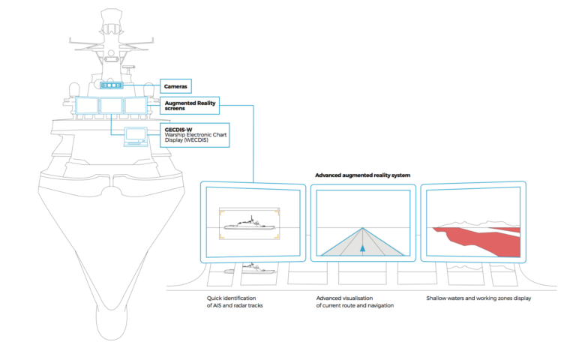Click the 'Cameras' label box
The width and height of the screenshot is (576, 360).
(x=176, y=87)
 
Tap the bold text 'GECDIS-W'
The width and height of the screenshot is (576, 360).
(x=179, y=129)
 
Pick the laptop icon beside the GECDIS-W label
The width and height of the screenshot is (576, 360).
(x=136, y=135)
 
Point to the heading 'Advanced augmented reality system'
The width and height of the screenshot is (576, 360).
(x=364, y=174)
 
